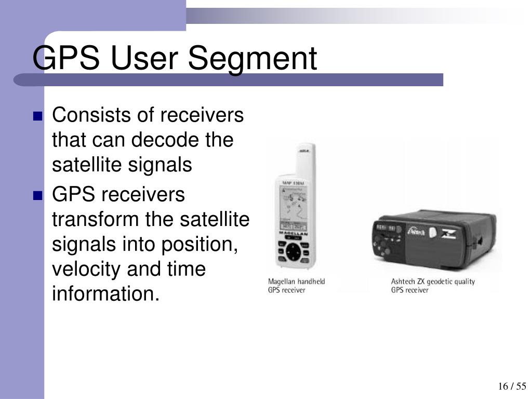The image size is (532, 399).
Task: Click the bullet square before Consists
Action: click(x=37, y=116)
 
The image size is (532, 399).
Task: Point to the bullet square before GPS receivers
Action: click(x=37, y=196)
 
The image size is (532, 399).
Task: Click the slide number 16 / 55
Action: click(x=512, y=386)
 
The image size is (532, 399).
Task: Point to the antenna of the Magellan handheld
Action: click(x=305, y=158)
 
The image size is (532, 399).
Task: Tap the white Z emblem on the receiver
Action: click(x=447, y=232)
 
